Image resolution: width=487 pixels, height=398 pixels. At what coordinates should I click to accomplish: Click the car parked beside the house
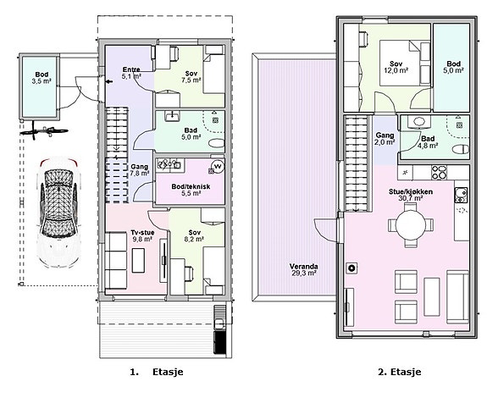tap(58, 213)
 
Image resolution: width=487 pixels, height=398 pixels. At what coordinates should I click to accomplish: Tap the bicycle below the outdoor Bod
tap(44, 132)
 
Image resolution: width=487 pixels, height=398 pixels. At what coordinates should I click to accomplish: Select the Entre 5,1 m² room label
tap(131, 72)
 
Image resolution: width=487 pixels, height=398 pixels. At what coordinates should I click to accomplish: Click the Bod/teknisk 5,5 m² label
tap(191, 190)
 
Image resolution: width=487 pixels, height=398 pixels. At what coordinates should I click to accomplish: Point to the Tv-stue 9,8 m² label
tap(142, 235)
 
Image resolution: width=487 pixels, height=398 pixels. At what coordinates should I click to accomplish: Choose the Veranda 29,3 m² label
tap(303, 270)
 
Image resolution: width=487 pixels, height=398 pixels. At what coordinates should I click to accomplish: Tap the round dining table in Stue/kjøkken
tap(411, 224)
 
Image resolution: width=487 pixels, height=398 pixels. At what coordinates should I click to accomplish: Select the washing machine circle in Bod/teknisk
tap(218, 166)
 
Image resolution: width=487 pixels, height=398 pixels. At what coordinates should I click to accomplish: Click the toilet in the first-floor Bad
tap(217, 143)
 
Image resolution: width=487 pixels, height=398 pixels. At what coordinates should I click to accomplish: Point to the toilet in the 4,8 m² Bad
tap(461, 149)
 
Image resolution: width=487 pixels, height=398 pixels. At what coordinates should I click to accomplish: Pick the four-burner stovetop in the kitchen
tap(440, 173)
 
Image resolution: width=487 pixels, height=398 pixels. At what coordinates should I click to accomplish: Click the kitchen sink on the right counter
tap(461, 195)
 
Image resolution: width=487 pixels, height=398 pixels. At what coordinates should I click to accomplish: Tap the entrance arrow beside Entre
tap(109, 81)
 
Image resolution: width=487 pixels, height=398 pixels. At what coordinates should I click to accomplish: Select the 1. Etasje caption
tap(157, 372)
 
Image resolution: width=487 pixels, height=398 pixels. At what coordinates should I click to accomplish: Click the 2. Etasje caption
tap(400, 372)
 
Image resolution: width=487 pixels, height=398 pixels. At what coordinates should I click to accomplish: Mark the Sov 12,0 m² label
tap(396, 67)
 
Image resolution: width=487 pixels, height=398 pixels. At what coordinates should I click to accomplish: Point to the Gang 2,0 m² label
tap(385, 139)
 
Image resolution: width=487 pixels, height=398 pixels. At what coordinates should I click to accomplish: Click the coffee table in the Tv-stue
tap(138, 261)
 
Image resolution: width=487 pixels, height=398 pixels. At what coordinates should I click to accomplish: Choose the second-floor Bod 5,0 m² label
tap(454, 67)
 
